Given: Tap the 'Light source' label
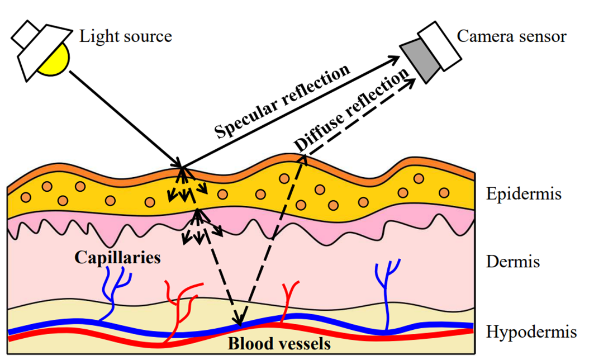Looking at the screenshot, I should coord(126,37).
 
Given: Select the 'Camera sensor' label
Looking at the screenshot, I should coord(511,37).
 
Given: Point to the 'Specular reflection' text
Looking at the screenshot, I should coord(282,101).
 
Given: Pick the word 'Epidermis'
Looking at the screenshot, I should coord(524,195).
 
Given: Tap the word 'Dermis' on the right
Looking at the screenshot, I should coord(514,261).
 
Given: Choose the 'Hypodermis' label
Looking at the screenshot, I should coord(531,332).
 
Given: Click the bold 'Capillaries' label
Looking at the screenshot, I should coord(118,258).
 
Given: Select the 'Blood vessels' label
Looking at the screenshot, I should coord(279,342).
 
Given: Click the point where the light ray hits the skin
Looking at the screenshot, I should coord(182,166).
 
